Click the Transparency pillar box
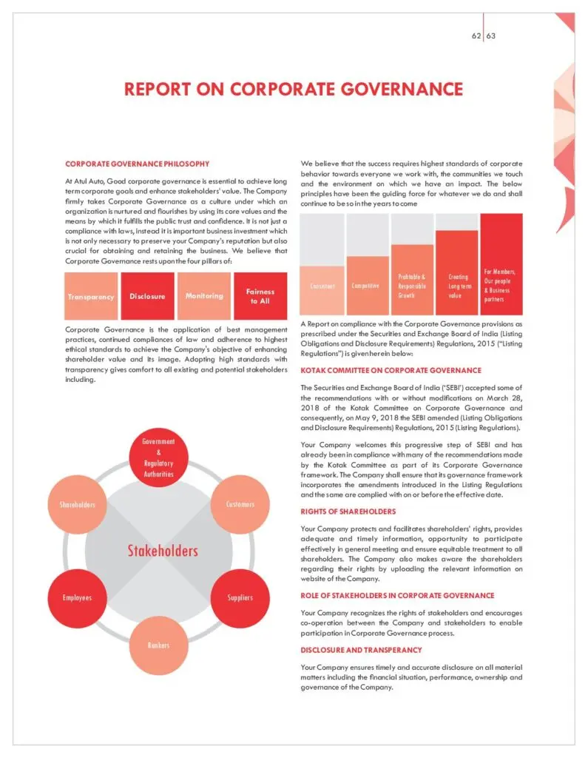click(91, 296)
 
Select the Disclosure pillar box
click(147, 296)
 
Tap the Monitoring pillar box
click(204, 296)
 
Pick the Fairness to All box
click(260, 296)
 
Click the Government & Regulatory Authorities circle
click(158, 457)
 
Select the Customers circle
click(240, 504)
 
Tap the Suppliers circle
click(240, 597)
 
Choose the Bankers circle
click(158, 645)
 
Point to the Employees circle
click(77, 597)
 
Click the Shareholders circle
click(77, 504)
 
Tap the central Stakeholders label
click(162, 551)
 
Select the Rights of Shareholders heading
click(348, 511)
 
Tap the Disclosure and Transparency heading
click(361, 650)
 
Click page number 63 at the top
click(491, 34)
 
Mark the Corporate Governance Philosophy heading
click(137, 164)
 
